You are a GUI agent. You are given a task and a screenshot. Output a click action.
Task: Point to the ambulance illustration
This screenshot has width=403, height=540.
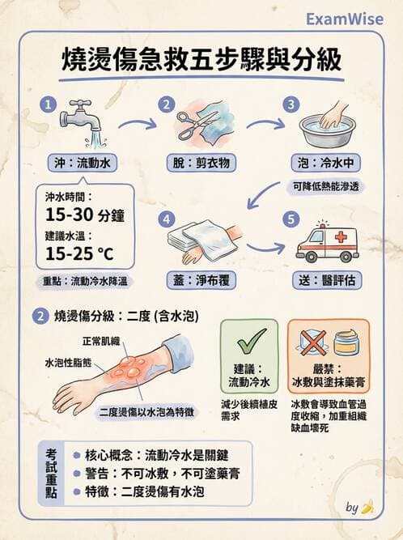tap(326, 240)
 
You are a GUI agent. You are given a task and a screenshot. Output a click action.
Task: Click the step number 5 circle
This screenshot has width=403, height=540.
tap(290, 219)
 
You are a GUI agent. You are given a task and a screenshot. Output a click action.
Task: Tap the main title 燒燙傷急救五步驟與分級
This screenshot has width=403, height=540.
tap(201, 60)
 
